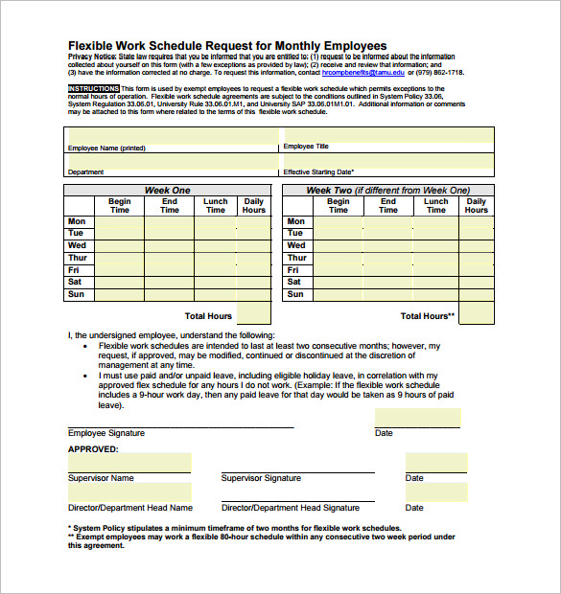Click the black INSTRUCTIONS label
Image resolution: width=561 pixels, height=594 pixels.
93,88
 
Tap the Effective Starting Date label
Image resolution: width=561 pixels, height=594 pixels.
325,171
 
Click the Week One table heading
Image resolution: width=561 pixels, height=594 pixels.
167,191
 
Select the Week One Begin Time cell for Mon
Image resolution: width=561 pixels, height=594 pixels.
119,221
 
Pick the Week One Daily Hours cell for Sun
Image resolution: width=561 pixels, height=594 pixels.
253,294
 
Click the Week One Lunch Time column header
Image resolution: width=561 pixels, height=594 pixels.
216,205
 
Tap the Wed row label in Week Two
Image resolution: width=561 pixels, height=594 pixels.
296,245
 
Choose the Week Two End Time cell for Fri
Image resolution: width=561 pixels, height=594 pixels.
387,270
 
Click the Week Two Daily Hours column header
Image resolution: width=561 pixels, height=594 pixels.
476,205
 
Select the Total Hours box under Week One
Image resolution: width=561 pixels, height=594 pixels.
253,313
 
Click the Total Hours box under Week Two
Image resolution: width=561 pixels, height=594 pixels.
476,313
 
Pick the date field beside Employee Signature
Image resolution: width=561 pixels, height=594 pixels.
417,418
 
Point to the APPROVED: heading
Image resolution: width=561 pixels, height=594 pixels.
93,448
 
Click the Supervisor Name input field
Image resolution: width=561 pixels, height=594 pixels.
129,463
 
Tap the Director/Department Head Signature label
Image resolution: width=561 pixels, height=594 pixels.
290,508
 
